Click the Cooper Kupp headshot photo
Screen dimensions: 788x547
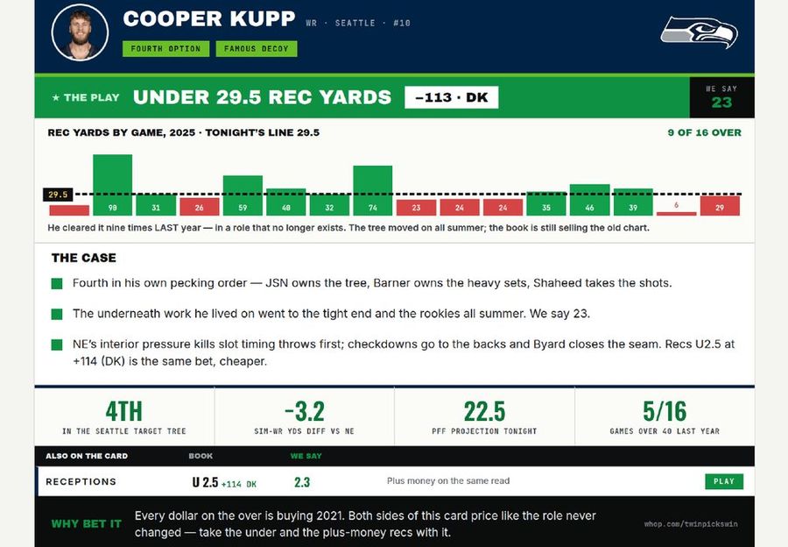(x=80, y=32)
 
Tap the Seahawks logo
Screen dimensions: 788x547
(x=699, y=32)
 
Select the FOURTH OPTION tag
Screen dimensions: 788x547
(x=165, y=49)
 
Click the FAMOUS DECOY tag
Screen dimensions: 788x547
(x=257, y=49)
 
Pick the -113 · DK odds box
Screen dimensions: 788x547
(x=451, y=97)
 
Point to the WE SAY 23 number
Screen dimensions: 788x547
(x=721, y=103)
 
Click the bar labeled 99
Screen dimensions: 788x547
(x=113, y=185)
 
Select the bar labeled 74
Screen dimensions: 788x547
(x=373, y=190)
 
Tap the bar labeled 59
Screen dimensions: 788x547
(x=243, y=195)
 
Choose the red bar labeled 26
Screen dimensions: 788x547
(x=200, y=206)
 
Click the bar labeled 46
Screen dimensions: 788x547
(x=589, y=200)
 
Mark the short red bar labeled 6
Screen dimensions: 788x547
(x=677, y=213)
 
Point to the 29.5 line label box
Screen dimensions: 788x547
(x=58, y=195)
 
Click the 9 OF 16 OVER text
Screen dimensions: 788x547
(x=704, y=133)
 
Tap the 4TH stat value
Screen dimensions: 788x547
(x=124, y=411)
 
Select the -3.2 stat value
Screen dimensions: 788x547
(x=305, y=411)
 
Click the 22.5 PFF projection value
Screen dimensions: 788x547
(x=484, y=411)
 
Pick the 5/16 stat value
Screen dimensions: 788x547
(x=665, y=411)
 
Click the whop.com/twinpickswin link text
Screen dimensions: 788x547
(x=691, y=524)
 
